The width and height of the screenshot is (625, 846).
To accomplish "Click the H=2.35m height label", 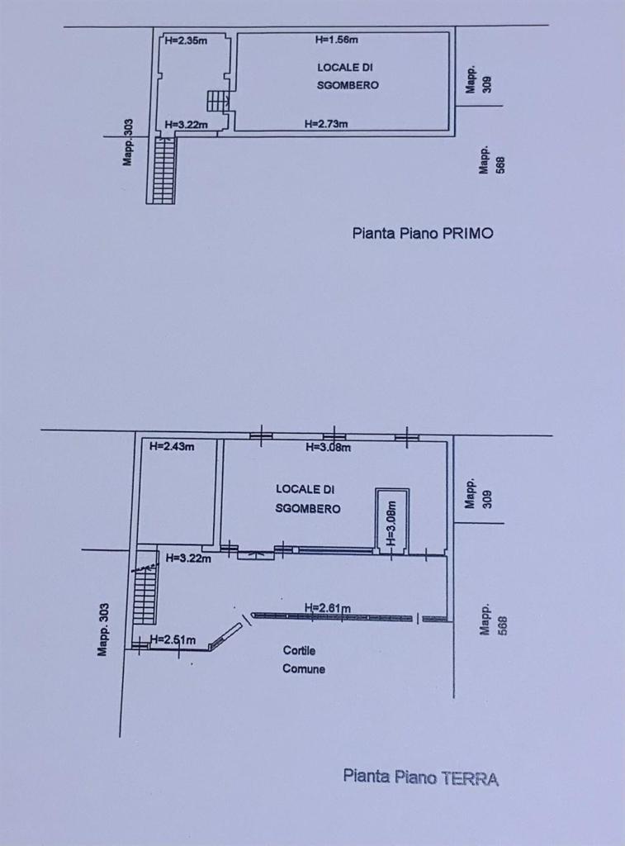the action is [x=186, y=40].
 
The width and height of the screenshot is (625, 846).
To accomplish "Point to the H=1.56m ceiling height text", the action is [x=337, y=40].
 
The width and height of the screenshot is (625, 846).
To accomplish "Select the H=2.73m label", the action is [x=326, y=124].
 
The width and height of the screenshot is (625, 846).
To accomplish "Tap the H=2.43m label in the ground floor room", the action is [x=172, y=446].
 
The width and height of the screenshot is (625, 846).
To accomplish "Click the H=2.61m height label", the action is [x=327, y=608].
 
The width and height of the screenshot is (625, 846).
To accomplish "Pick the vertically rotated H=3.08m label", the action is [x=392, y=523].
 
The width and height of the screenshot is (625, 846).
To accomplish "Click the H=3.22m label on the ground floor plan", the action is [x=188, y=558].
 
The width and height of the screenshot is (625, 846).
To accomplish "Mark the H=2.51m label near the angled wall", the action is [x=173, y=640].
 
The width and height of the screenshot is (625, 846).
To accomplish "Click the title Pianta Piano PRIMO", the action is [x=423, y=233].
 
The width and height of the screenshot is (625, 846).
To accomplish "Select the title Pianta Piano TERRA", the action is [x=420, y=777].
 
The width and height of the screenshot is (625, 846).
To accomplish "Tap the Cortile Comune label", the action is [x=304, y=660].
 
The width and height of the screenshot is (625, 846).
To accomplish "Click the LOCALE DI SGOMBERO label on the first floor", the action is [x=348, y=76].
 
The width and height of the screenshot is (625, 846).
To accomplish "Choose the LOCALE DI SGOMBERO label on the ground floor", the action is [x=307, y=499].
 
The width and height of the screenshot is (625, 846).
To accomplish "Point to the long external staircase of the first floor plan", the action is [x=163, y=170].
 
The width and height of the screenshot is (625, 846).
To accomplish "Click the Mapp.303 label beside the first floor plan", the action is [x=127, y=142].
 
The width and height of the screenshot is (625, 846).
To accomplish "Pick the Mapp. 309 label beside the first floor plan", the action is [x=479, y=80].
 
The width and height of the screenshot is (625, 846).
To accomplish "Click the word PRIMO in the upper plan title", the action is [x=467, y=233].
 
